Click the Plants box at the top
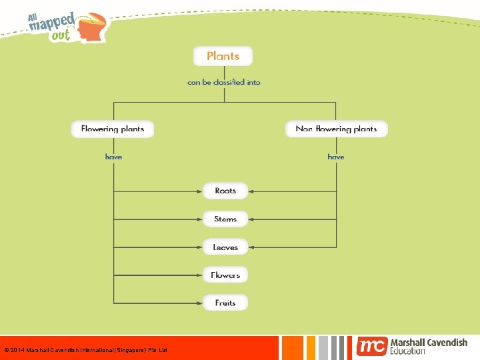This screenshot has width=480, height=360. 223,56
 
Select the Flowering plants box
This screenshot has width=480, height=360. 112,129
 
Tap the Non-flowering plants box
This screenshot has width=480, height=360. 336,129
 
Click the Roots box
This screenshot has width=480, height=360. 225,191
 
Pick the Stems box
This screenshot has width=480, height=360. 225,219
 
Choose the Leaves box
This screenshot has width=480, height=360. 225,247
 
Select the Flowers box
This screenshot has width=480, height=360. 225,275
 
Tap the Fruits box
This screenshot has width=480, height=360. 225,303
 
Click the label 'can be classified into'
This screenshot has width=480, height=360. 224,83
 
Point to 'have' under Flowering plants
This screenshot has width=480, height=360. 113,157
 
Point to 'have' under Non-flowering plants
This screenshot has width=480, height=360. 336,157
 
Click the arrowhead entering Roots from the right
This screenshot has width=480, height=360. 252,191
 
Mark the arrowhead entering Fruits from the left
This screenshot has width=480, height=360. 200,303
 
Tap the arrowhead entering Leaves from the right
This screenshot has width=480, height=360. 252,247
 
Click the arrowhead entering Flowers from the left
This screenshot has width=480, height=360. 200,275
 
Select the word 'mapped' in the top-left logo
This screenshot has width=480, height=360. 51,24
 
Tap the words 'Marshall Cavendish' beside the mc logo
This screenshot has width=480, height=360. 429,342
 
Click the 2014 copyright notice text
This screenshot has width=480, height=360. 86,350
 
